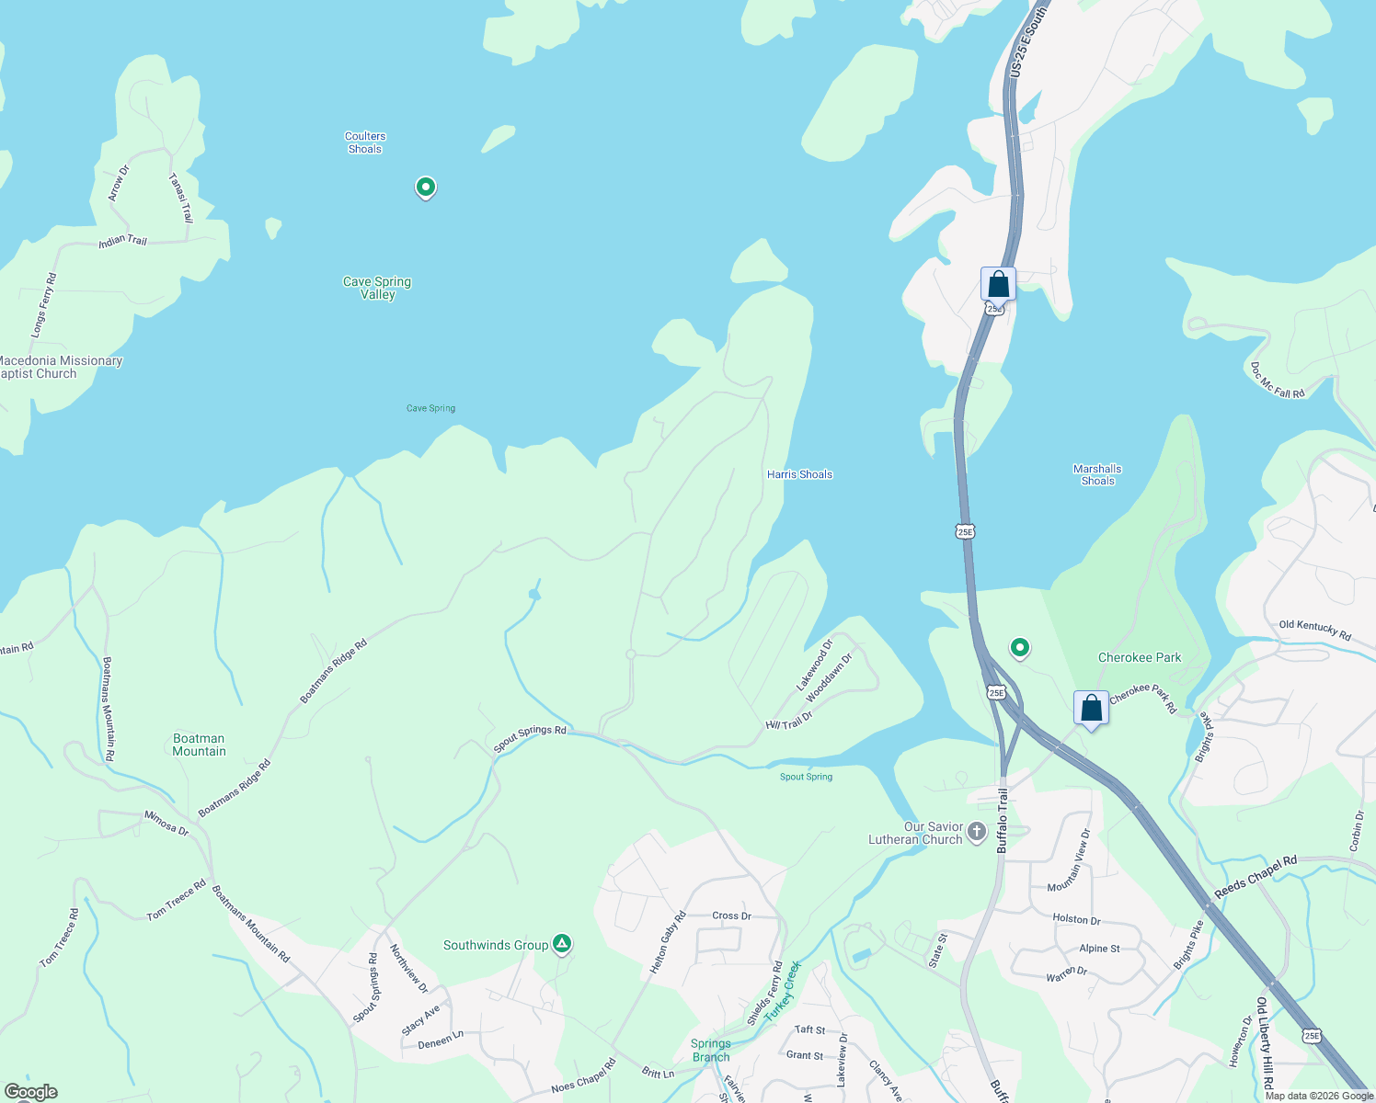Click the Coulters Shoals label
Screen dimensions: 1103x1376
(365, 142)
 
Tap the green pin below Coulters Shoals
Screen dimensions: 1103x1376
(425, 188)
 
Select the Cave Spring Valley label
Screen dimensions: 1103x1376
(377, 288)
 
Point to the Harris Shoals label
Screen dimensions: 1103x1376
(799, 474)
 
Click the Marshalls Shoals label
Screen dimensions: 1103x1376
(1097, 474)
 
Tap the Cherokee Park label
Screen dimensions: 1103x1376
(1140, 657)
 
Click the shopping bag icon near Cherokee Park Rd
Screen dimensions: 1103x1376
(1091, 709)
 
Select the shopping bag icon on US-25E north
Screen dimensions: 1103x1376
(998, 284)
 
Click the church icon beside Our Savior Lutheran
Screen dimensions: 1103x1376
(977, 832)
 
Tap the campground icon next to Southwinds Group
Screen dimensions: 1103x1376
(562, 944)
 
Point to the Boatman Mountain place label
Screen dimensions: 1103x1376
(199, 745)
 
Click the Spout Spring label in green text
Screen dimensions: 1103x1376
(806, 777)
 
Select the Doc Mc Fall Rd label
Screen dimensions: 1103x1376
(1277, 381)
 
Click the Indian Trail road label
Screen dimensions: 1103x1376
(123, 241)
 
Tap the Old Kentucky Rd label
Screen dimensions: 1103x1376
(1314, 631)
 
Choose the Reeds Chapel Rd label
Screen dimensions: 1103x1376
(1256, 877)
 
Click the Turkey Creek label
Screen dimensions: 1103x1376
(784, 988)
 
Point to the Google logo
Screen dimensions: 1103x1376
(31, 1092)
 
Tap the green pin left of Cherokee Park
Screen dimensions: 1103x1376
(1019, 648)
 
